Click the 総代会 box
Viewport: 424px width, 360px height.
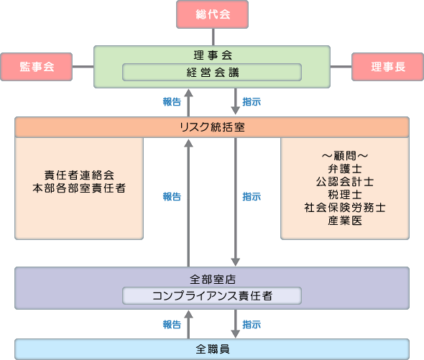coord(212,14)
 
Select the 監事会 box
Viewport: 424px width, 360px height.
coord(37,67)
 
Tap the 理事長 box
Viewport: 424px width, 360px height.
coord(388,67)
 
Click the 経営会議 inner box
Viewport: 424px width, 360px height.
coord(212,73)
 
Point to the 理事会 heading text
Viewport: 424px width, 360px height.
coord(213,55)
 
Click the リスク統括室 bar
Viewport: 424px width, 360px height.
coord(212,127)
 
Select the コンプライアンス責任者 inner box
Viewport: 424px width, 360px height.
coord(212,295)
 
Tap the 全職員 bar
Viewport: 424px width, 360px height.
coord(212,349)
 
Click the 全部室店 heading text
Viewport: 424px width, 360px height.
coord(213,279)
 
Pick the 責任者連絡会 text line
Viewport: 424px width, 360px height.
coord(79,175)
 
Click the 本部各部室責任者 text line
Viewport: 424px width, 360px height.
coord(79,188)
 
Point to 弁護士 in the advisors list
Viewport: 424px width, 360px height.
coord(345,169)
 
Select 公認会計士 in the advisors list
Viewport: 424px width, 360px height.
coord(345,182)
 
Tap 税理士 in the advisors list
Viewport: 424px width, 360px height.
coord(345,195)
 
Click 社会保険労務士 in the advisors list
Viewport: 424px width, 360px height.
coord(345,208)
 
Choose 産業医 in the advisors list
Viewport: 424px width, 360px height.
coord(345,221)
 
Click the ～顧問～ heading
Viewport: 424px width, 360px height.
coord(345,156)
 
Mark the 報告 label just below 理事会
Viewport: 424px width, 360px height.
coord(172,102)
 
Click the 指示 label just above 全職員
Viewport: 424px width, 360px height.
coord(252,324)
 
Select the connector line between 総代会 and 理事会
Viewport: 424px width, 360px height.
coord(213,37)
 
